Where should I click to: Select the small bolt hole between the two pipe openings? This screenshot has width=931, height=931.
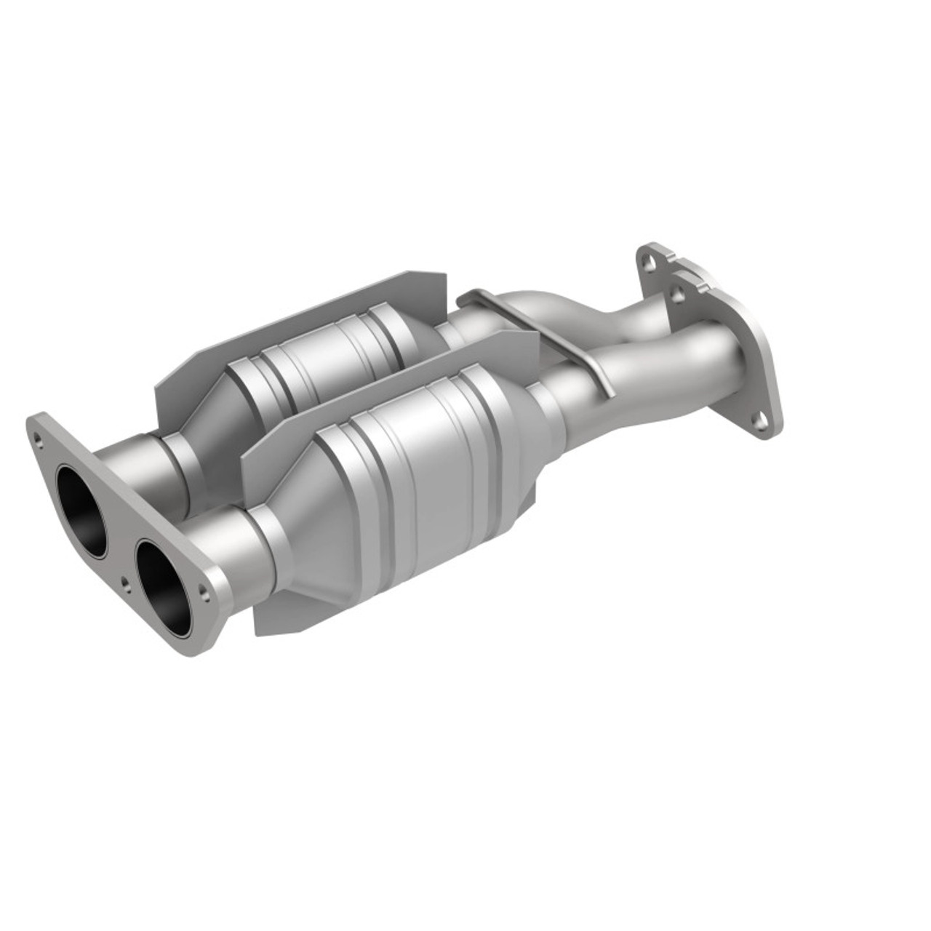click(126, 561)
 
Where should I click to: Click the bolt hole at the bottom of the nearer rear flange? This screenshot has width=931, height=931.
click(760, 420)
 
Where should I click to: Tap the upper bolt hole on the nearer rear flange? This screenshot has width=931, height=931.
click(678, 295)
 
